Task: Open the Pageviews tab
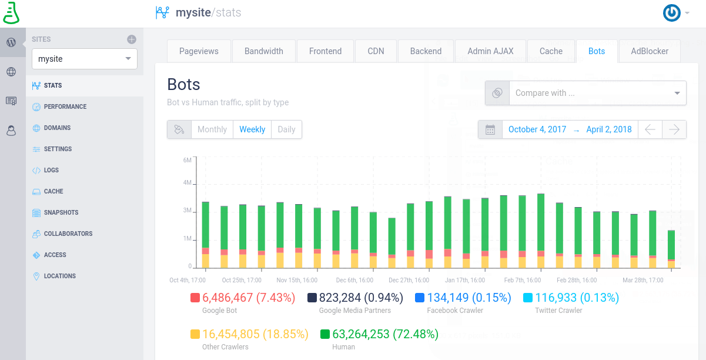199,51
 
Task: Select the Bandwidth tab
264,51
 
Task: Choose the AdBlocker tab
650,51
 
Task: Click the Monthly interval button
212,129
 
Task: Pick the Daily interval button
286,129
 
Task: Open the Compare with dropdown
597,93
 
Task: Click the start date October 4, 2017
537,129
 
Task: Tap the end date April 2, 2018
609,129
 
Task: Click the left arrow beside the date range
650,129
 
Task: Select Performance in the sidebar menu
65,106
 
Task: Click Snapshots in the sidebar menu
61,212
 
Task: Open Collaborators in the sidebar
68,234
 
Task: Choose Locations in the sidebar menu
59,276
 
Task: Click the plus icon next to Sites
132,39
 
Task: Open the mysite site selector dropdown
85,59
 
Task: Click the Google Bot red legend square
195,298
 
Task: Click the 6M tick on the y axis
188,160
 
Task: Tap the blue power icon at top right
671,13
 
